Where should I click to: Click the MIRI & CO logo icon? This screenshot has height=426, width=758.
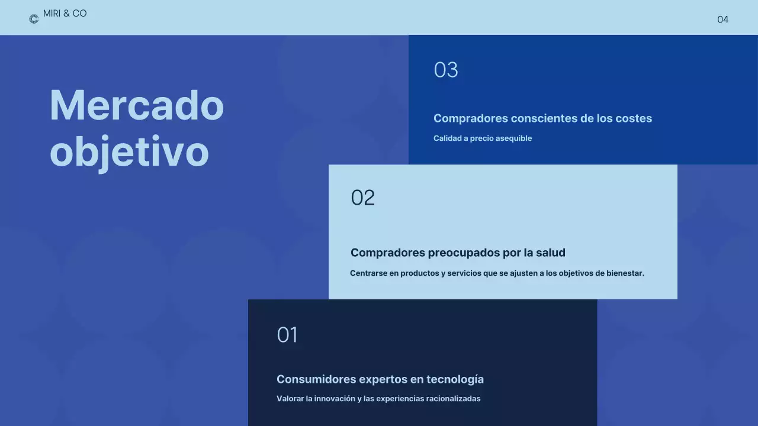click(34, 19)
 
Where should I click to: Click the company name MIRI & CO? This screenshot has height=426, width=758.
click(65, 14)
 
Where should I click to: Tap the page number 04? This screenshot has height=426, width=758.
click(722, 20)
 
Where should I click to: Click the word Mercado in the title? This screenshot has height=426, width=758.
click(137, 105)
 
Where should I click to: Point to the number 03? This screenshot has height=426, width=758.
click(446, 70)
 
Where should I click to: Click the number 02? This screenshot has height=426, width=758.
click(363, 198)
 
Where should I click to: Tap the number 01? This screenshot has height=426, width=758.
click(287, 335)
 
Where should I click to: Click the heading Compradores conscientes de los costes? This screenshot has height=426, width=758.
click(542, 118)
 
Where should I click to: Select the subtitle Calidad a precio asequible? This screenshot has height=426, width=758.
click(483, 138)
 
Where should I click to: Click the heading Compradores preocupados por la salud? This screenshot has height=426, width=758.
click(458, 253)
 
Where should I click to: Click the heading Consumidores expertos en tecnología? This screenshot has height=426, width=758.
click(380, 379)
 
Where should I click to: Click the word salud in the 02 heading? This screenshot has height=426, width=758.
click(551, 253)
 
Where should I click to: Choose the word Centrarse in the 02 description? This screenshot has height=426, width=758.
click(368, 273)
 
